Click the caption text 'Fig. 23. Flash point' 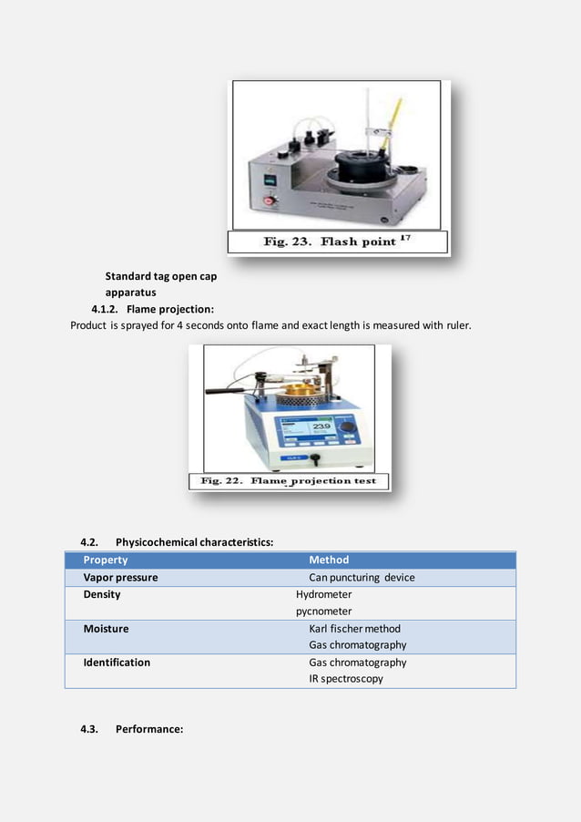329,241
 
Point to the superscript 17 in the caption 409,237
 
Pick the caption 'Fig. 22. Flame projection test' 290,480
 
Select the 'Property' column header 106,560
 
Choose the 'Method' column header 329,560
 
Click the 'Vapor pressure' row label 120,578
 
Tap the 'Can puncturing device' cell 362,578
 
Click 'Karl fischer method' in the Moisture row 354,629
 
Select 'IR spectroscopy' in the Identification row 345,679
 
